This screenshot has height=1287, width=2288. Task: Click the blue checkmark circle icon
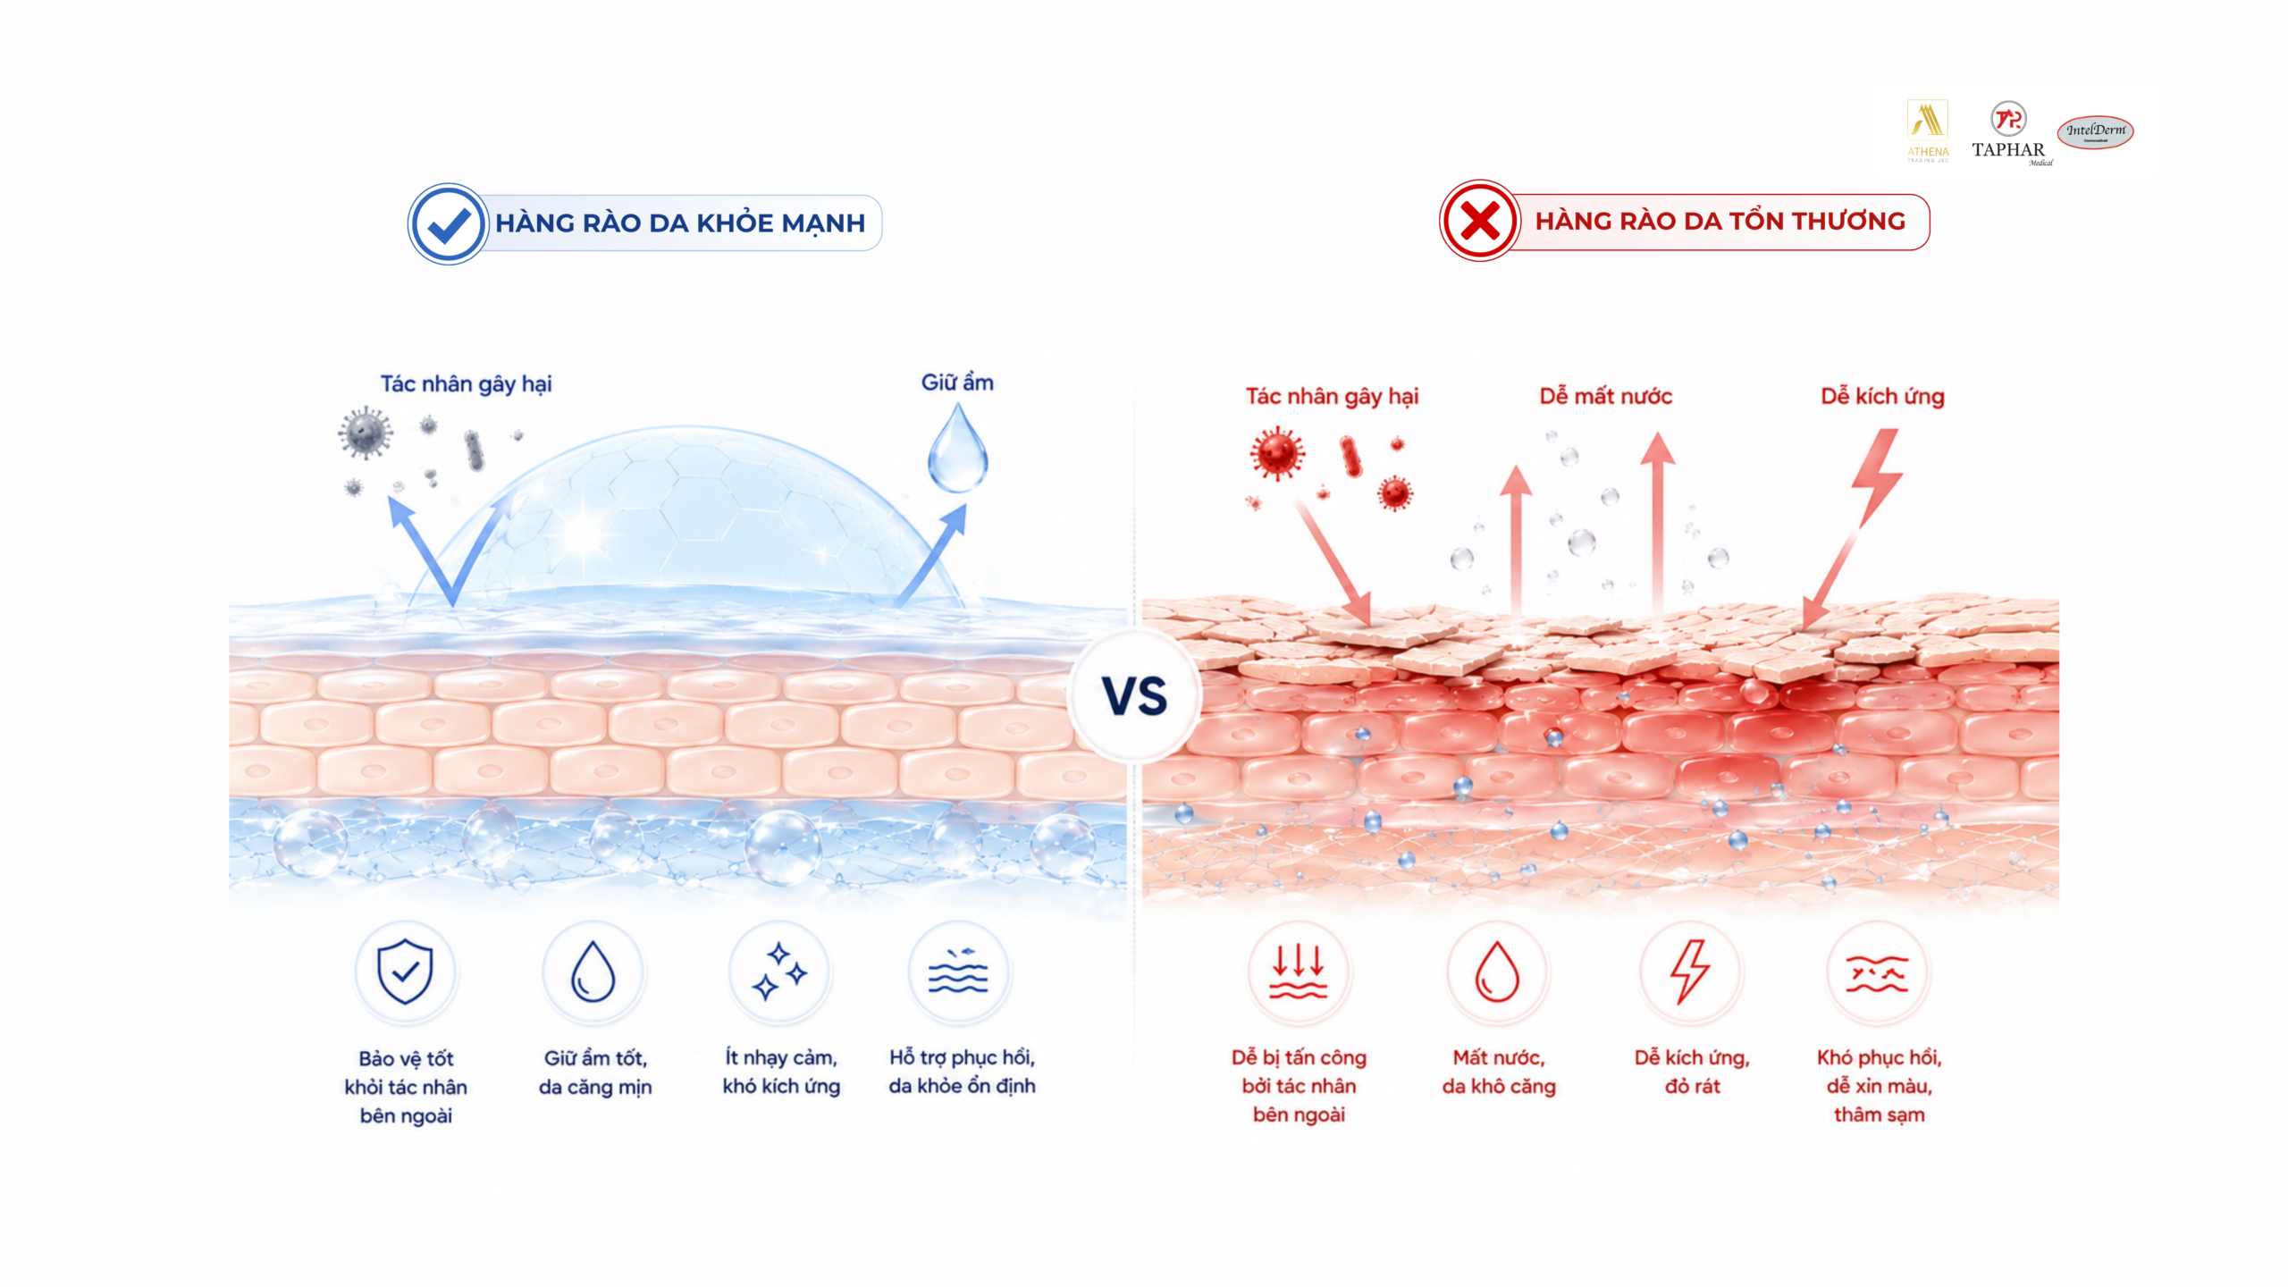(x=448, y=223)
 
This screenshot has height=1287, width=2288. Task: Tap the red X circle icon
(x=1479, y=221)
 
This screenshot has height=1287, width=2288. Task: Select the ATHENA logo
(x=1928, y=130)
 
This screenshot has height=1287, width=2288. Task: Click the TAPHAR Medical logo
(x=2009, y=133)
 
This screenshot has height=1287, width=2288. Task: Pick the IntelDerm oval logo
(x=2096, y=132)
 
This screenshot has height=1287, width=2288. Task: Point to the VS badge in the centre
(x=1134, y=695)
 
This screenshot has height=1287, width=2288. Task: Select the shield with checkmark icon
(x=405, y=972)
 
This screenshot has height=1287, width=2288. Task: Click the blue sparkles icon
(x=779, y=971)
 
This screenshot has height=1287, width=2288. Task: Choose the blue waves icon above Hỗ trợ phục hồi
(x=958, y=971)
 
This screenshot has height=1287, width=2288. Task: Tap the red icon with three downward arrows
(x=1299, y=972)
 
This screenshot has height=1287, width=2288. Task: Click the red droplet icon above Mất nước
(x=1497, y=972)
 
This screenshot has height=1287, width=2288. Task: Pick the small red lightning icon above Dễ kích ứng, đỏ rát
(x=1690, y=972)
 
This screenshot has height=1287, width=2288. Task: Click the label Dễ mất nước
(x=1605, y=396)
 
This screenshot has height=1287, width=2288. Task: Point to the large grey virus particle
(x=365, y=433)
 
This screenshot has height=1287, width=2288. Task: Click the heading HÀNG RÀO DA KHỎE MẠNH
(x=680, y=223)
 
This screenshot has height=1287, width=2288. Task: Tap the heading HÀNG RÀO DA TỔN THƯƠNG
(x=1720, y=221)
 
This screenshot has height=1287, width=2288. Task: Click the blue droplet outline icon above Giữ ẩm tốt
(x=593, y=972)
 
